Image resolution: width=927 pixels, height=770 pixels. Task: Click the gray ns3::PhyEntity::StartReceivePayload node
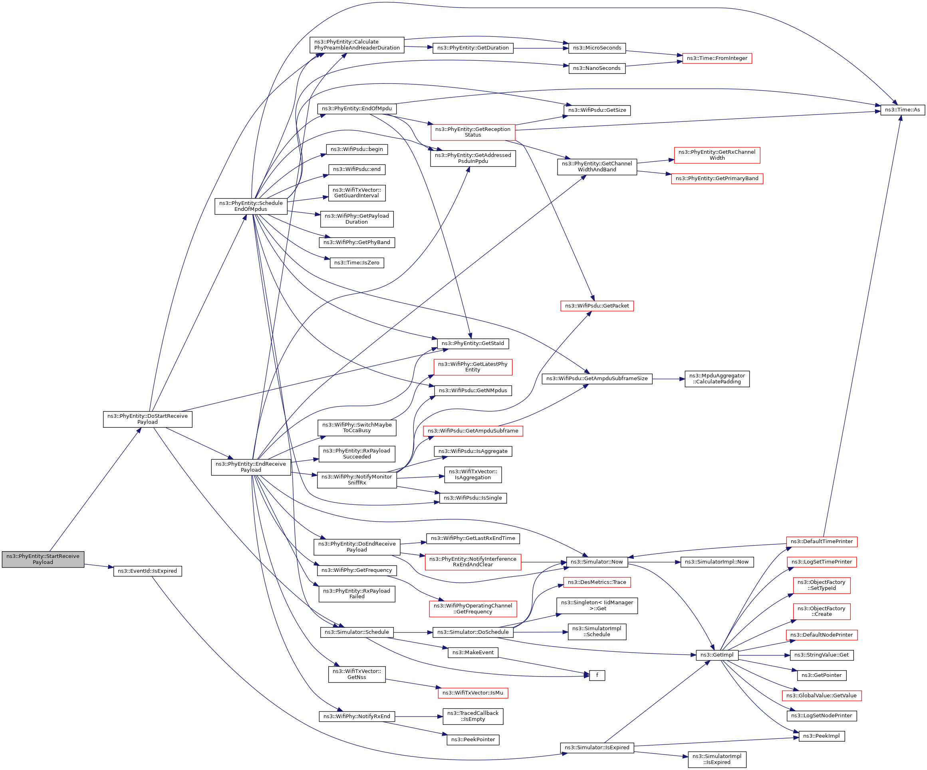[x=43, y=559]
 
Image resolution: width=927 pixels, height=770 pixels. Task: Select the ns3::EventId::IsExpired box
[x=147, y=571]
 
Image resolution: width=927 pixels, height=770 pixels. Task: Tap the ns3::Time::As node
[x=902, y=110]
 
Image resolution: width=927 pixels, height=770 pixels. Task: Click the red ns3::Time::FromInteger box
[x=717, y=58]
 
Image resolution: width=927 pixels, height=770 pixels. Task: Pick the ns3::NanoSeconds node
[x=597, y=68]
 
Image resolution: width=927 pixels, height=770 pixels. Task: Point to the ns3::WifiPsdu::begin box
[x=357, y=149]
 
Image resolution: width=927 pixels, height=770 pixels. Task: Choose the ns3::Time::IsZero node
[x=357, y=263]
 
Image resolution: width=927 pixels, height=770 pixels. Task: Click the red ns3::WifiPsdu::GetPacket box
[x=597, y=306]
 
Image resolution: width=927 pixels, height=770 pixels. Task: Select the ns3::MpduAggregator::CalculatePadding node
[x=717, y=379]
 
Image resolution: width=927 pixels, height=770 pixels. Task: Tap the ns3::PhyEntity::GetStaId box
[x=473, y=343]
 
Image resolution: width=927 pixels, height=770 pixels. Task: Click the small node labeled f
[x=597, y=675]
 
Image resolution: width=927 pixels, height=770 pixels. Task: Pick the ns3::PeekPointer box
[x=473, y=740]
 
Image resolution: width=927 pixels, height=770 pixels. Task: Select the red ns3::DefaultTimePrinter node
[x=822, y=541]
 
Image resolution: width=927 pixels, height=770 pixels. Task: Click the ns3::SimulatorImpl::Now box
[x=717, y=562]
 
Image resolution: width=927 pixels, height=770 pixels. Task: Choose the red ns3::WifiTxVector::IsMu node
[x=473, y=693]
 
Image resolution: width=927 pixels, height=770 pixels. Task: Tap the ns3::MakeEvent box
[x=473, y=653]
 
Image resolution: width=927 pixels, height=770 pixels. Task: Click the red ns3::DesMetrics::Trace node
[x=597, y=582]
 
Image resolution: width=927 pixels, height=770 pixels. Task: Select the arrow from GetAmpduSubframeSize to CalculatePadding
[x=668, y=379]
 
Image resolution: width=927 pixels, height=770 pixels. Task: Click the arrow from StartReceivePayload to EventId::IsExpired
[x=99, y=566]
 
